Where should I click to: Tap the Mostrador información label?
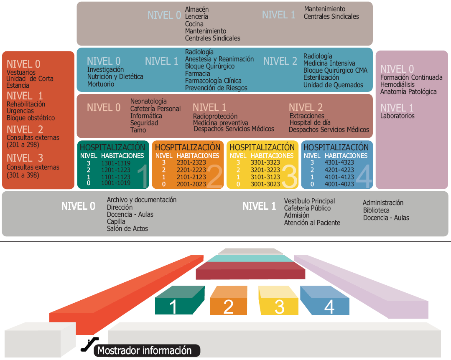[144, 351]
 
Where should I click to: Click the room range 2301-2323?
[191, 162]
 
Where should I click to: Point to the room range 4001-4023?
[339, 184]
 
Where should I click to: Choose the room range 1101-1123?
[116, 177]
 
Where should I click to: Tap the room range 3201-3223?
[265, 170]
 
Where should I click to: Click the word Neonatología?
[148, 101]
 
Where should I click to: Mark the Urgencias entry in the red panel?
[20, 111]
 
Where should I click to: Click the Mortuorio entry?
[101, 84]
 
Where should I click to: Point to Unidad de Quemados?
[333, 85]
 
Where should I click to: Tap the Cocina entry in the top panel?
[194, 24]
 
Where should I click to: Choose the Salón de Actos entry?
[127, 228]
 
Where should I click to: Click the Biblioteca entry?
[376, 210]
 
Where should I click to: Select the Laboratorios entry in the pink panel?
[397, 116]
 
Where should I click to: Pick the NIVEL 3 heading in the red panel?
[25, 158]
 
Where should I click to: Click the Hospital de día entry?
[310, 123]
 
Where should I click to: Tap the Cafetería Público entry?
[307, 208]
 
